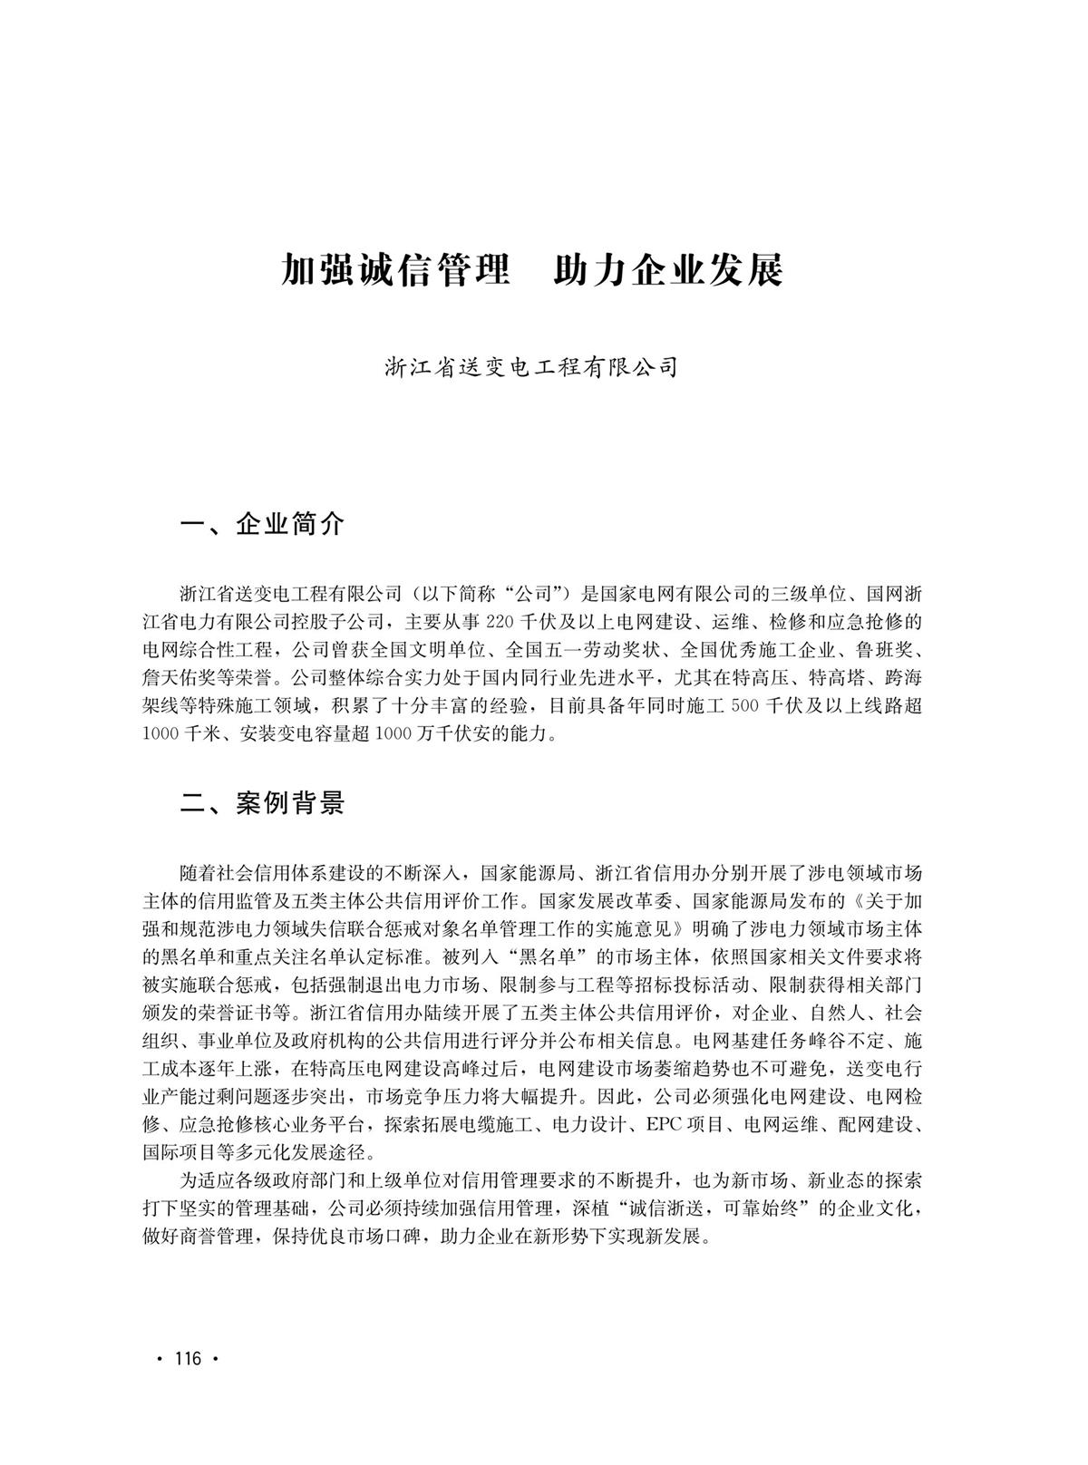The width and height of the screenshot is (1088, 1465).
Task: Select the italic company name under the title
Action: [531, 368]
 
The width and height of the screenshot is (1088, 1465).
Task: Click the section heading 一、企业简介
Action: [263, 524]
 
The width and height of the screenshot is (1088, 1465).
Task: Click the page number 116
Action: [187, 1358]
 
